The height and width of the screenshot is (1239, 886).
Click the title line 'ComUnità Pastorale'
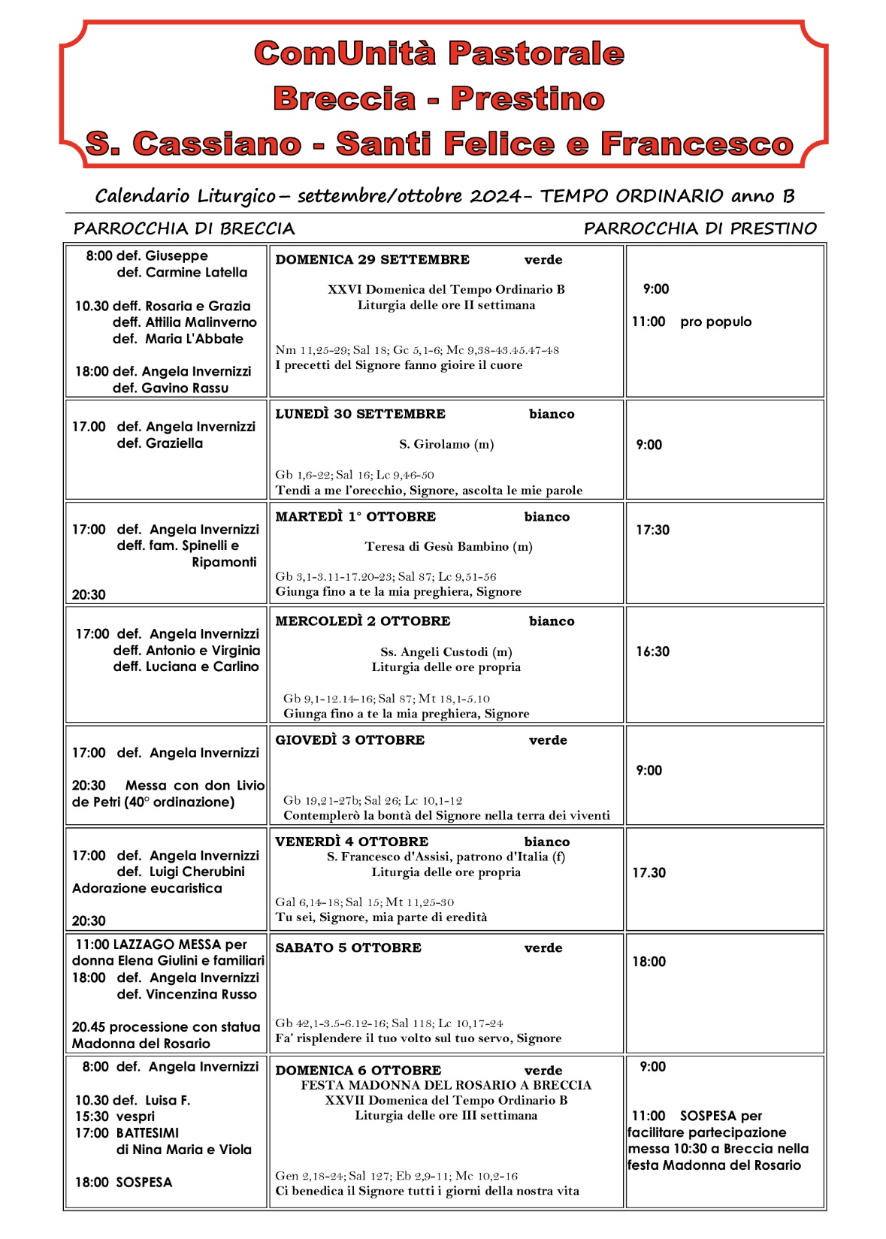439,53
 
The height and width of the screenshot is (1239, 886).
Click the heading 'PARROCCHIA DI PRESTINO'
700,228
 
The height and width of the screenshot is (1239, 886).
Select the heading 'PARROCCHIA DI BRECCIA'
184,228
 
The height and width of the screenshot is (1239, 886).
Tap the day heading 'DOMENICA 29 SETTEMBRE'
372,260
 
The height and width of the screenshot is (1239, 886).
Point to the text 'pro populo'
715,322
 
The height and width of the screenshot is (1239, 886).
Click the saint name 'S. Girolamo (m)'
446,444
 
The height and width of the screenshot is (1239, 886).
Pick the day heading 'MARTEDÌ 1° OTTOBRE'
355,517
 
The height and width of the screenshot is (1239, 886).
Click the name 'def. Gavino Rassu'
171,388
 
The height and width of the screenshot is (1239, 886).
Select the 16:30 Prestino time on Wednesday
652,651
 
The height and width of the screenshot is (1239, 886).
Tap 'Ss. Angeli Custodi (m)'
446,651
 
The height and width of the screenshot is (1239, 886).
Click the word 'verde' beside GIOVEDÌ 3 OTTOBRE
548,740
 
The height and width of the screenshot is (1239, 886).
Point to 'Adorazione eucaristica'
147,888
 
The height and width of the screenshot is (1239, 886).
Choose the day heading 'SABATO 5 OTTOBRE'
348,948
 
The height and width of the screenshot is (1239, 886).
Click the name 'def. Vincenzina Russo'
186,994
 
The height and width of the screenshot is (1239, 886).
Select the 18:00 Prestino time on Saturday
649,962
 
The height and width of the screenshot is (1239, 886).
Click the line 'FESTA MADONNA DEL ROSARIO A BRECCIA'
446,1085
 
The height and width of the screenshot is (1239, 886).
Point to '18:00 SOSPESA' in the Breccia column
124,1182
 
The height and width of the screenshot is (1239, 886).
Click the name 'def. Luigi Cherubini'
181,872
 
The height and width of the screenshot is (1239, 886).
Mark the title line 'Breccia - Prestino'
439,98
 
